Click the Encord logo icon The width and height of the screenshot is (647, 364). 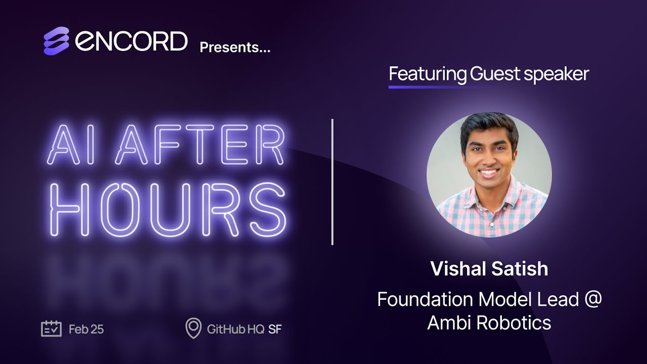56,41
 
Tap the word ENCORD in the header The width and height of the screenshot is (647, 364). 131,41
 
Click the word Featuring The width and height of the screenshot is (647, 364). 428,74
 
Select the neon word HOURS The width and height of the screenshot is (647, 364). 169,209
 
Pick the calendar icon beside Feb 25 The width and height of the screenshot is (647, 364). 51,329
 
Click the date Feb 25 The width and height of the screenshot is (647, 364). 86,330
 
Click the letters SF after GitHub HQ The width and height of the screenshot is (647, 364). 275,330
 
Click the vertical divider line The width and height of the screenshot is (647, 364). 332,182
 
